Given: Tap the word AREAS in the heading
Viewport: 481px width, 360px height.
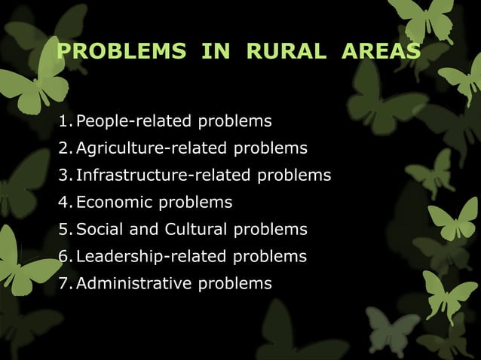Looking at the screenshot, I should click(380, 51).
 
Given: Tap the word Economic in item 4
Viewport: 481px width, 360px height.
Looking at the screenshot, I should click(115, 203).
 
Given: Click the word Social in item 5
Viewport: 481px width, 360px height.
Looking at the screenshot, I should click(100, 230).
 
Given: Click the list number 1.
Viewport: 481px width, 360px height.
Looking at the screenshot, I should click(64, 121).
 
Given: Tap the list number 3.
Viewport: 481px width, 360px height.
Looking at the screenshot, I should click(64, 175).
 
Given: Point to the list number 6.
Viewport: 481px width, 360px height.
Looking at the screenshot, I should click(64, 257).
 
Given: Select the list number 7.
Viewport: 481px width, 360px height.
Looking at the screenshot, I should click(64, 284).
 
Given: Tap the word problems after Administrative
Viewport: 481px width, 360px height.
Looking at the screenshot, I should click(234, 284).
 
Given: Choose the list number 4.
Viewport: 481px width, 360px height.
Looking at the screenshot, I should click(64, 203).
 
